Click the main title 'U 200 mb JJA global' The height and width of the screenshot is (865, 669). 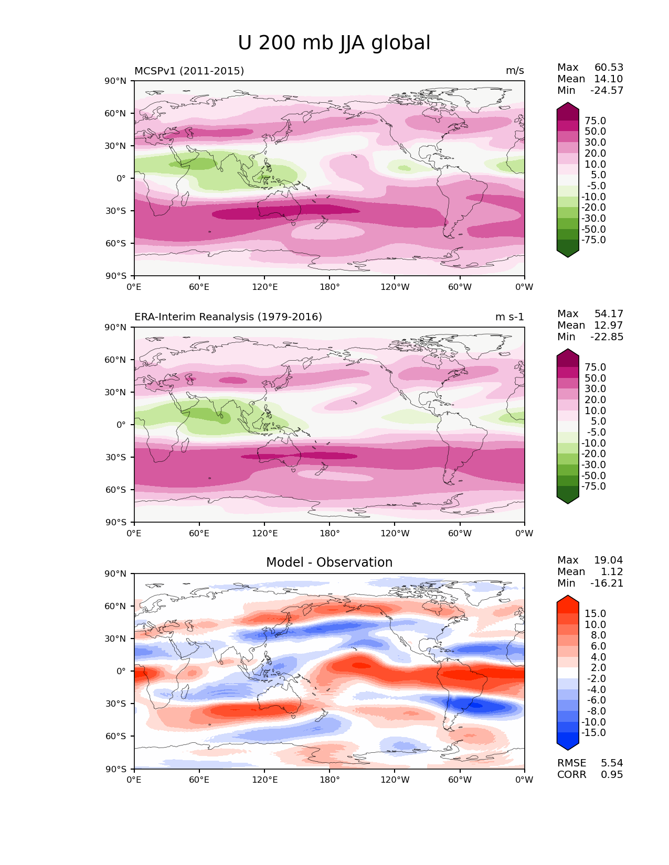click(x=334, y=43)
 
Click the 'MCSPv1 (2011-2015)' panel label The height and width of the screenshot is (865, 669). click(x=189, y=71)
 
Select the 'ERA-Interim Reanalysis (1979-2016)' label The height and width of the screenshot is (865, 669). click(x=228, y=317)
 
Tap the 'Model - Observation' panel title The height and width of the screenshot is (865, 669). click(x=329, y=563)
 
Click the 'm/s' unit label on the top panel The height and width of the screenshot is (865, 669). click(x=515, y=71)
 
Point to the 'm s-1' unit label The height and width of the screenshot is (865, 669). click(x=509, y=317)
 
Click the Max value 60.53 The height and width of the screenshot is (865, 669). click(x=609, y=68)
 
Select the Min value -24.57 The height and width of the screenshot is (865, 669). click(x=607, y=91)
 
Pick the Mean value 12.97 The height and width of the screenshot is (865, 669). click(x=608, y=326)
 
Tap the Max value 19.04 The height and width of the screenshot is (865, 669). click(x=609, y=560)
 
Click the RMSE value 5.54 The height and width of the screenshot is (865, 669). click(x=612, y=763)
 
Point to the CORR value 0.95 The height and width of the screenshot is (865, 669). click(x=612, y=775)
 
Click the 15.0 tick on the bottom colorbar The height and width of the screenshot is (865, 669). click(x=595, y=614)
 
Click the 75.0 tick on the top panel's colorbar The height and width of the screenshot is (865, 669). click(x=595, y=121)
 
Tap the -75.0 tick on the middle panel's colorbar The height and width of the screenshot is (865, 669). click(x=593, y=486)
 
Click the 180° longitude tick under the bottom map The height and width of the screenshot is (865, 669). click(x=330, y=780)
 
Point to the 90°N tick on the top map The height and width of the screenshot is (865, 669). click(x=116, y=81)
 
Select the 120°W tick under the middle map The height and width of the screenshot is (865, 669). click(x=395, y=534)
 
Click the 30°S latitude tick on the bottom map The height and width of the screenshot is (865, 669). click(x=116, y=704)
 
